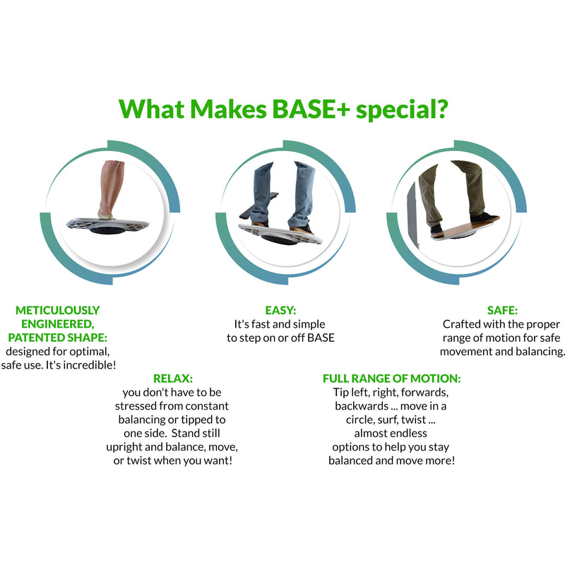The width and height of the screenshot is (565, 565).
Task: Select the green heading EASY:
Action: coord(280,310)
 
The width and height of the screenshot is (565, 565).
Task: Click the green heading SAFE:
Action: coord(502,310)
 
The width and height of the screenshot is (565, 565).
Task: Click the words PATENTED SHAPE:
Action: coord(58,337)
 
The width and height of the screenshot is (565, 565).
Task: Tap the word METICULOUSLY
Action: coord(58,310)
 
